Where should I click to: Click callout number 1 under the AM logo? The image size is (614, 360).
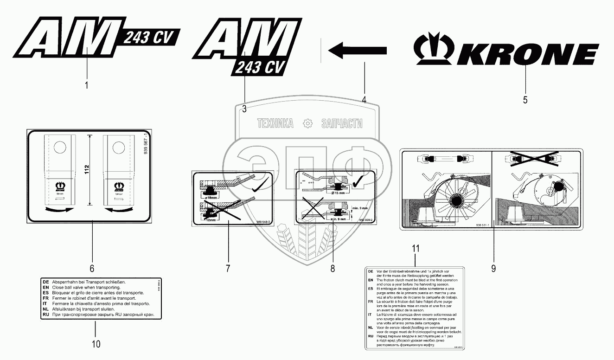pos(87,85)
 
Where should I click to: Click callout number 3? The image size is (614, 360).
pos(244,109)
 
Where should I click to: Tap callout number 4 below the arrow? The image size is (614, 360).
pos(364,99)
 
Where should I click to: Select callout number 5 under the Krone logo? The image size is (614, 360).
pos(525,100)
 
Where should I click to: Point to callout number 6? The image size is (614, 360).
pos(92,268)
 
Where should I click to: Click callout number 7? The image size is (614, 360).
pos(228,268)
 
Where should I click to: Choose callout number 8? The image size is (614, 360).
pos(333,268)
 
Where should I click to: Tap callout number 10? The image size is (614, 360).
pos(95,344)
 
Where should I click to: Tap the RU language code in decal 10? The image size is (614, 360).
pos(45,314)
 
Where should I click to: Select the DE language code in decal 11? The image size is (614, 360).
pos(371,270)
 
